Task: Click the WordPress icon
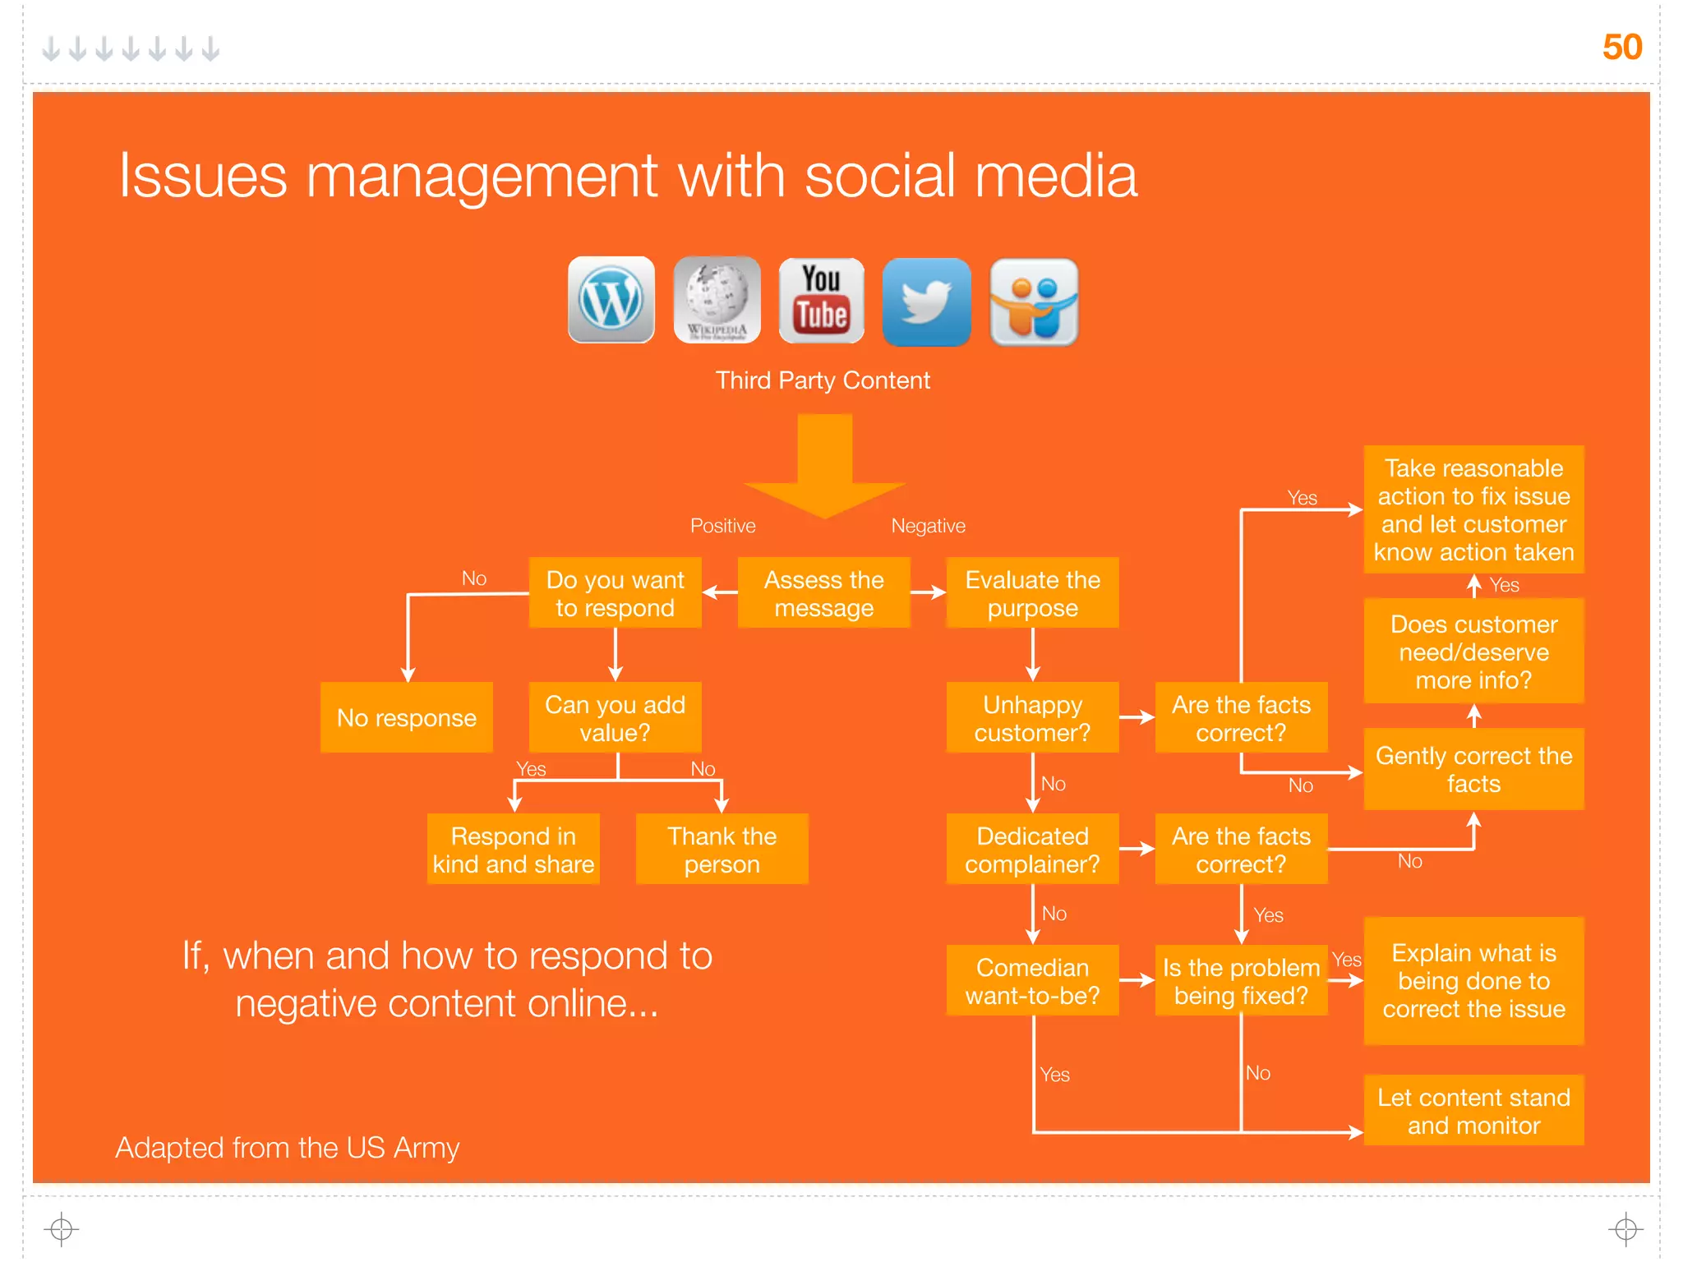pyautogui.click(x=611, y=300)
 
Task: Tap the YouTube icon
pyautogui.click(x=821, y=301)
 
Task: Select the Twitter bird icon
pyautogui.click(x=926, y=302)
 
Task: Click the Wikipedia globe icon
pyautogui.click(x=717, y=300)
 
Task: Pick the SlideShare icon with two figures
pyautogui.click(x=1034, y=302)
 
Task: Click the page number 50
pyautogui.click(x=1621, y=47)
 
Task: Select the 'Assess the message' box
pyautogui.click(x=823, y=593)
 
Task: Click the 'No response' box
pyautogui.click(x=406, y=717)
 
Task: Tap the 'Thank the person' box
pyautogui.click(x=722, y=850)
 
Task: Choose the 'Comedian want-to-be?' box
pyautogui.click(x=1032, y=981)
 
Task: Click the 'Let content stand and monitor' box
pyautogui.click(x=1473, y=1111)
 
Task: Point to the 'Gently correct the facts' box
pyautogui.click(x=1473, y=769)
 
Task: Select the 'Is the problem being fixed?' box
pyautogui.click(x=1241, y=981)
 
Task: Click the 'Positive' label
pyautogui.click(x=722, y=526)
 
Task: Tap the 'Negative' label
pyautogui.click(x=928, y=526)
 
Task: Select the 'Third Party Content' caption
pyautogui.click(x=823, y=380)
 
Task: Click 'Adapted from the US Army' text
pyautogui.click(x=287, y=1147)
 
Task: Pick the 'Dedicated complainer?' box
pyautogui.click(x=1032, y=850)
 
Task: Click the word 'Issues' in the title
pyautogui.click(x=203, y=176)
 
